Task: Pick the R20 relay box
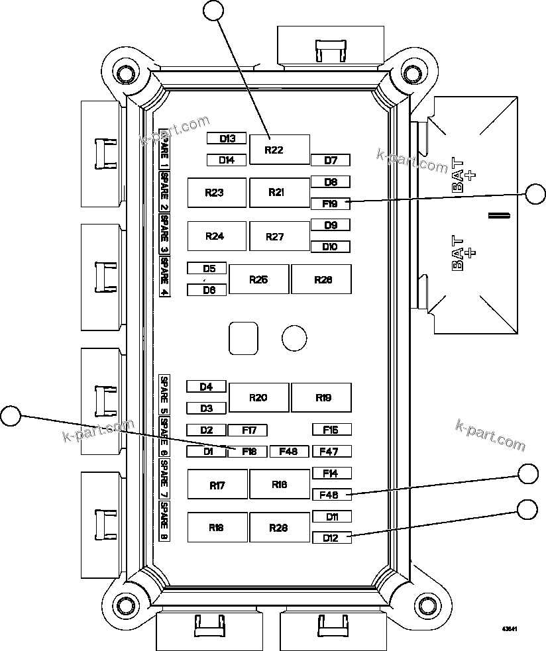tap(258, 397)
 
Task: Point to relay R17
tap(217, 485)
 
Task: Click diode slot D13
tap(227, 138)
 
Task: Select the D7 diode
tap(331, 160)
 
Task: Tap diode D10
tap(331, 246)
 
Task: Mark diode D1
tap(206, 452)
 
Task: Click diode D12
tap(331, 538)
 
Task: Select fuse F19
tap(331, 203)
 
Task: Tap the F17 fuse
tap(248, 430)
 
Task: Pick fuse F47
tap(331, 452)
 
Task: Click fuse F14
tap(331, 474)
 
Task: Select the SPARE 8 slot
tap(164, 521)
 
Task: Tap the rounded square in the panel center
tap(243, 338)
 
